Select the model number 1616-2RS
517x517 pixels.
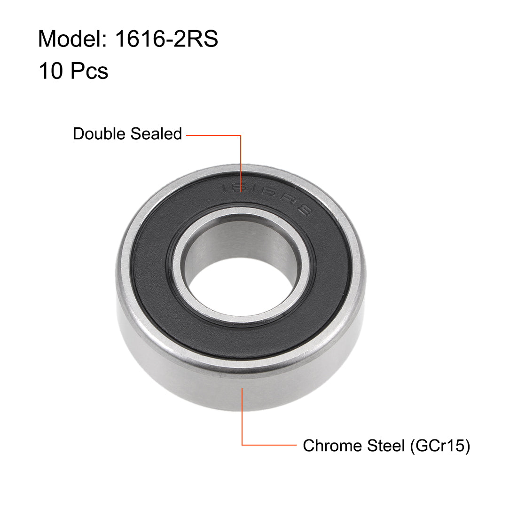click(x=166, y=39)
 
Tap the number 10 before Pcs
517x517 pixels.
click(x=51, y=71)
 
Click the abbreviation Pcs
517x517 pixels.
click(x=89, y=71)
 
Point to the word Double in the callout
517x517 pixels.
click(x=99, y=134)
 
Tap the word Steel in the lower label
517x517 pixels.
click(x=385, y=446)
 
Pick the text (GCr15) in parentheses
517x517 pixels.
click(x=439, y=446)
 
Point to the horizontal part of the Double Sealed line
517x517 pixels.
click(x=214, y=135)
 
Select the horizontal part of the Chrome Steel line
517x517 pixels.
click(x=268, y=445)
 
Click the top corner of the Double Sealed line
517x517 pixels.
click(x=241, y=135)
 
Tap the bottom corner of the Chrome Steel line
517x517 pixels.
click(x=242, y=445)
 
